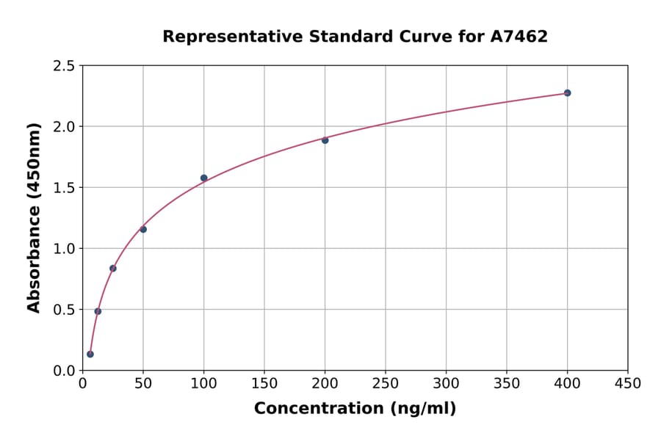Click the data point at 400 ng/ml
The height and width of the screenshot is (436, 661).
567,93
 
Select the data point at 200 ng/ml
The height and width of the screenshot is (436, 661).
325,140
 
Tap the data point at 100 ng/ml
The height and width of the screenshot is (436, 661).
203,178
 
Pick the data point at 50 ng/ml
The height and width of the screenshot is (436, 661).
143,230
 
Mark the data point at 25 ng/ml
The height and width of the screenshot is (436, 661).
113,269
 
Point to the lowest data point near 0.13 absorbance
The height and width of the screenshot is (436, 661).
90,355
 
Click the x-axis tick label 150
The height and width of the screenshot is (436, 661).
264,384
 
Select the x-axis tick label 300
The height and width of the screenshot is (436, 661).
446,384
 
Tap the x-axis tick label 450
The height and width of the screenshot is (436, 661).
628,384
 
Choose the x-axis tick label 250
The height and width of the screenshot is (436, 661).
386,384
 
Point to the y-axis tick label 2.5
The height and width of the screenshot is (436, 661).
64,66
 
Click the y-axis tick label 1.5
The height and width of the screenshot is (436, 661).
64,188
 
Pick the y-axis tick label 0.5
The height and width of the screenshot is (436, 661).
64,310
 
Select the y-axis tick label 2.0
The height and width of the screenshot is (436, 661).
64,127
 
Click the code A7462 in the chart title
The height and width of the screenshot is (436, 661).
519,37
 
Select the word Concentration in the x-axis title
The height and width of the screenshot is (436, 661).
318,409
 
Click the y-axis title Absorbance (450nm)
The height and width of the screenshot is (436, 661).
34,218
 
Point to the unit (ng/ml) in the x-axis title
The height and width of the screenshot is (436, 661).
422,409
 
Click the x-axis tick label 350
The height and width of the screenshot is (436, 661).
507,384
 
